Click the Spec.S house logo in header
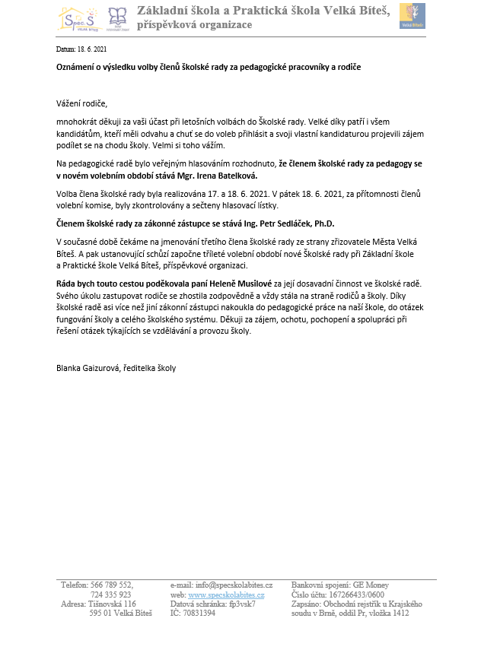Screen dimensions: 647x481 (77, 18)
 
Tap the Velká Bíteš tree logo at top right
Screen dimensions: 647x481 (412, 16)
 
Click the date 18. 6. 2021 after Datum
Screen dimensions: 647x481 (87, 48)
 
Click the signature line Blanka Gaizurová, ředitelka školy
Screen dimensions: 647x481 (116, 368)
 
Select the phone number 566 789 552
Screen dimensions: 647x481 (112, 585)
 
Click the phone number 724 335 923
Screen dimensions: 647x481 (111, 595)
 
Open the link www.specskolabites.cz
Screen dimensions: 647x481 (227, 595)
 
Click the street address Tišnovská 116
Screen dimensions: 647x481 (112, 604)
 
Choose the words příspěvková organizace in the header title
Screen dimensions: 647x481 (194, 25)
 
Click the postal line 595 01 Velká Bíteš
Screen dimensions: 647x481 (116, 613)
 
